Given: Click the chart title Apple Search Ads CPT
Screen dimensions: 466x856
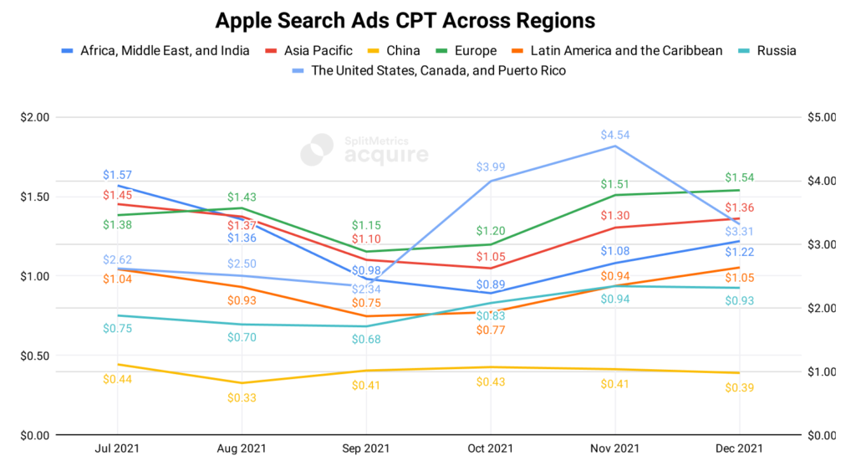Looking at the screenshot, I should coord(405,20).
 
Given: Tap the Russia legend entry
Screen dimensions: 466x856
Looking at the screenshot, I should coord(776,51).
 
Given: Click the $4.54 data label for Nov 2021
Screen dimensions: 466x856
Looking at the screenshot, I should coord(614,135).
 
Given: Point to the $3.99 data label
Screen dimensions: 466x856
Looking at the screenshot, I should coord(491,168).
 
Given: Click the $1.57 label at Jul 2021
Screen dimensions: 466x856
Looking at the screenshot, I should coord(117,175).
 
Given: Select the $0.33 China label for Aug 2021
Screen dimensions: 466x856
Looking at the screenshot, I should coord(242,397).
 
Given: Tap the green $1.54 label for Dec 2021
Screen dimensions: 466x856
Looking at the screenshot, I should coord(738,178).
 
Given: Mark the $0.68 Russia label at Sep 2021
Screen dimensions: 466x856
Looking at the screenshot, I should coord(366,339).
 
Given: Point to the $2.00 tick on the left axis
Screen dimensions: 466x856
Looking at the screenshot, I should coord(35,117).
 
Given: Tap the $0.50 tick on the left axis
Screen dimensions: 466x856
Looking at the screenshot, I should coord(35,356).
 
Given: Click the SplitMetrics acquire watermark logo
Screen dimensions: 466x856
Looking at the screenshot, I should coord(364,149).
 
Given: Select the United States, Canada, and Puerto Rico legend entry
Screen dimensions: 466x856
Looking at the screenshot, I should coord(438,71).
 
